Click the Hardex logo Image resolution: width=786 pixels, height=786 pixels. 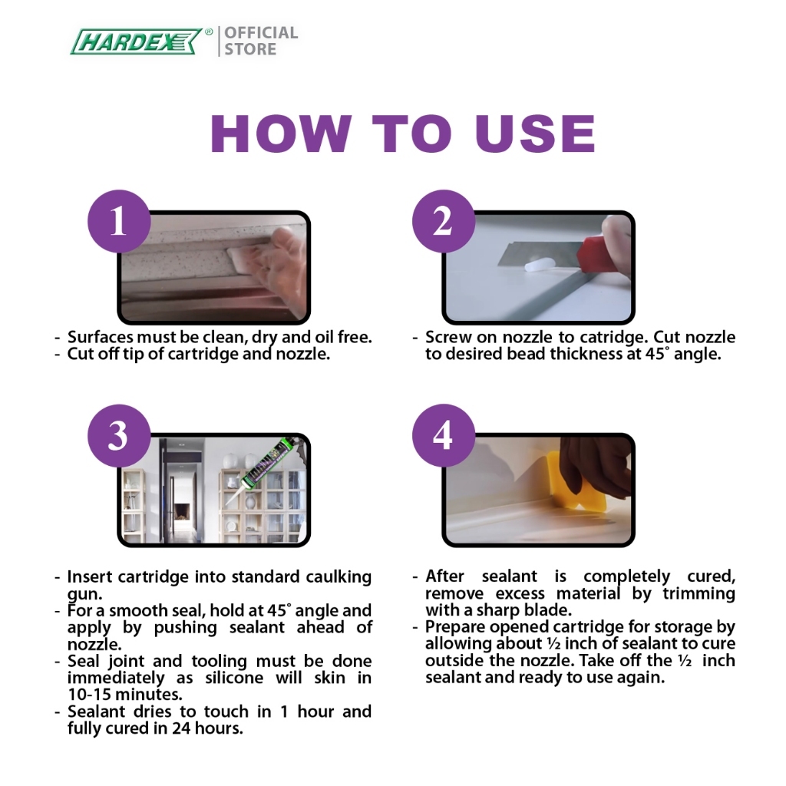137,41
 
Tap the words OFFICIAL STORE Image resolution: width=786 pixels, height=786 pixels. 261,41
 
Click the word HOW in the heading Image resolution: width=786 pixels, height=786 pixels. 280,134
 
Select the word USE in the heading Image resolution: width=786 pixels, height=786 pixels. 535,134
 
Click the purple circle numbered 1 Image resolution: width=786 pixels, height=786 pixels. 119,221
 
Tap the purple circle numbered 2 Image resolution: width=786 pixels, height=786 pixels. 443,221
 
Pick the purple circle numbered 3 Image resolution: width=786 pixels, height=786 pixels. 119,435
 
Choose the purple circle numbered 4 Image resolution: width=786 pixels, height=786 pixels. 443,435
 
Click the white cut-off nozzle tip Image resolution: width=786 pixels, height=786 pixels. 534,266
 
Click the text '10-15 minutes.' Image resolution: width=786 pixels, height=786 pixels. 125,695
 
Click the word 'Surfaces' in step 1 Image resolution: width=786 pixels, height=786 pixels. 101,337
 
